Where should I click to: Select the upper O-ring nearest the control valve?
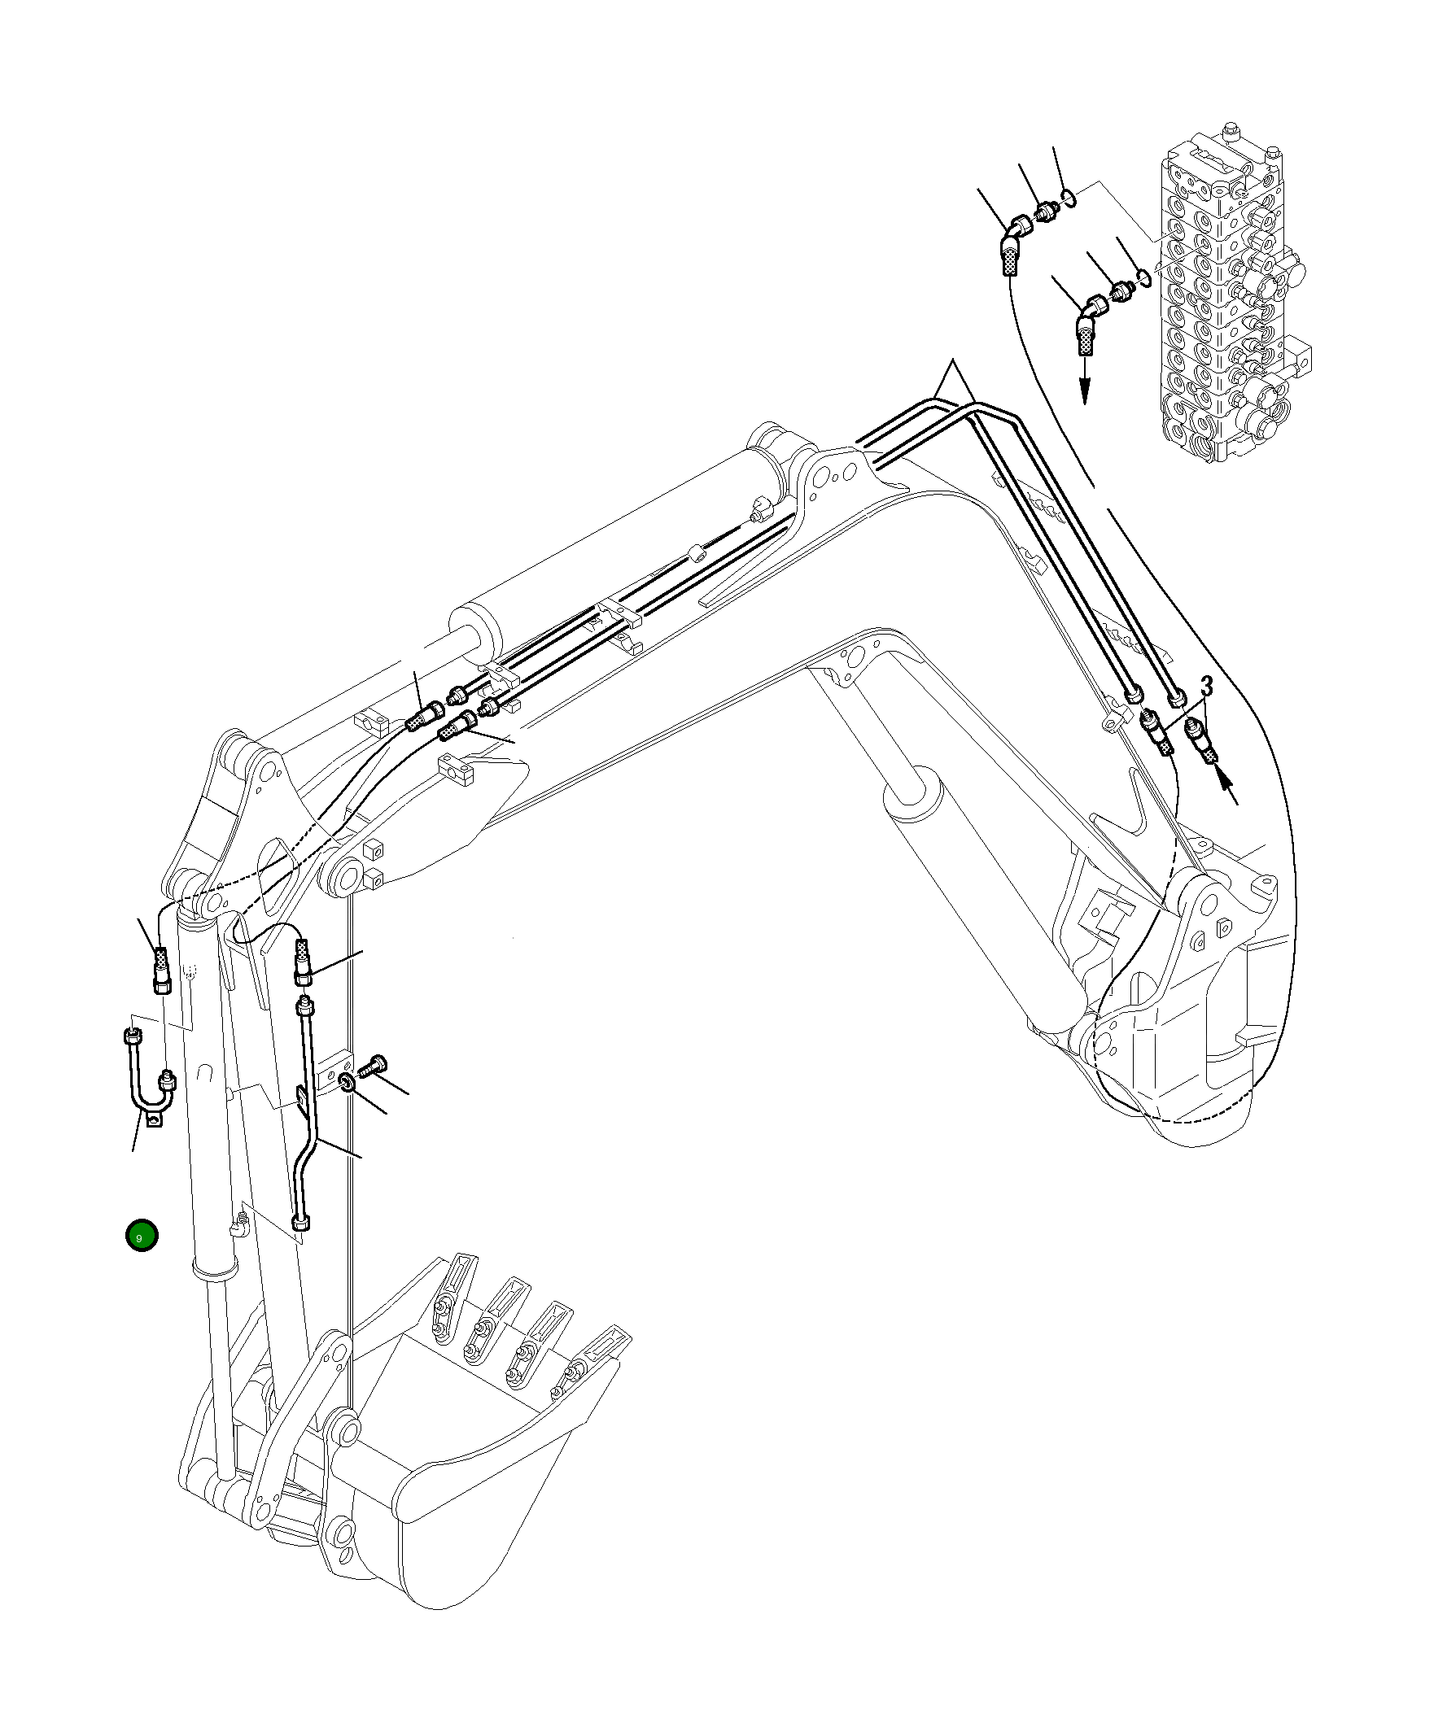[1069, 198]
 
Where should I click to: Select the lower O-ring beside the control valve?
[1142, 277]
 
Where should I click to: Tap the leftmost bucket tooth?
[452, 1305]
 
